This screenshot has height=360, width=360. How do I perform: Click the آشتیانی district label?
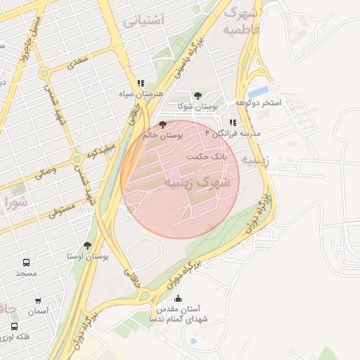144,21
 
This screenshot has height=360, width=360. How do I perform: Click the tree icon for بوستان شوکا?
198,95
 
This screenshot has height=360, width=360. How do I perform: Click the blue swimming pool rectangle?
259,91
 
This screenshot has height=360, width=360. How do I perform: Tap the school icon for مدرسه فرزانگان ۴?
233,122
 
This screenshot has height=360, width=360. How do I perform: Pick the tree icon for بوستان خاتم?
164,124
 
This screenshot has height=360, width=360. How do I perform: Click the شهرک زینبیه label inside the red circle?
197,181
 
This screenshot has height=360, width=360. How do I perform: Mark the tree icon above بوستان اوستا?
87,245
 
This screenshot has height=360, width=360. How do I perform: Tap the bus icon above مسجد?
26,262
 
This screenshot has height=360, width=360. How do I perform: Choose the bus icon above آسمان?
38,301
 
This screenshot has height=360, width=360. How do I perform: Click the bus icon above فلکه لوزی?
14,326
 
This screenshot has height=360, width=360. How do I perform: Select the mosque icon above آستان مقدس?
177,298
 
